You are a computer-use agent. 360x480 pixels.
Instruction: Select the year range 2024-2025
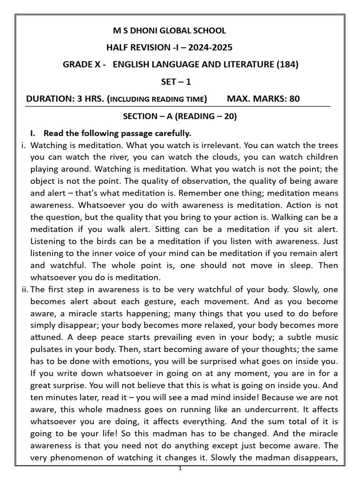click(x=210, y=48)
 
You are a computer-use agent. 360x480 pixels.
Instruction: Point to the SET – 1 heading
click(x=176, y=82)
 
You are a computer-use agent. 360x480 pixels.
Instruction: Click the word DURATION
click(x=47, y=99)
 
